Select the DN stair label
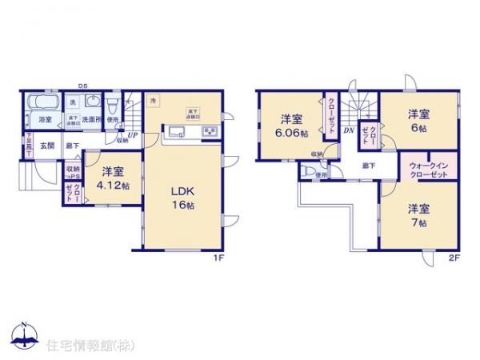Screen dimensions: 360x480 pyautogui.click(x=349, y=130)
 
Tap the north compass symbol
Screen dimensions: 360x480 pyautogui.click(x=24, y=334)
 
